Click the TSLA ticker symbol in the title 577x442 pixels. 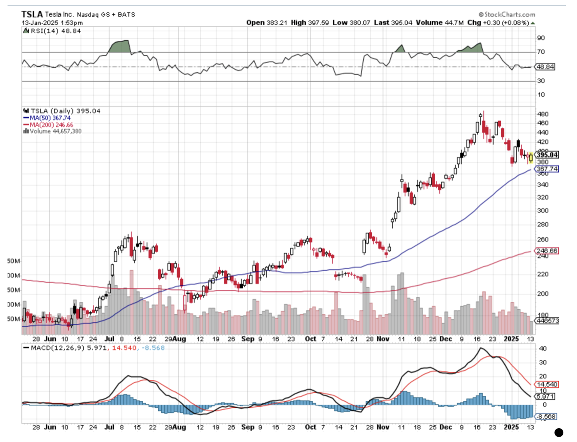pos(32,14)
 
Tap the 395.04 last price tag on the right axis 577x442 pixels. pos(547,155)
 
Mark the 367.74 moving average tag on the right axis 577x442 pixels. pos(547,169)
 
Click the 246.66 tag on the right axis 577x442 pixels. pos(547,251)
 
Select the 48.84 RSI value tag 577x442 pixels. pos(545,67)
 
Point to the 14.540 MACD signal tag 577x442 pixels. pos(546,384)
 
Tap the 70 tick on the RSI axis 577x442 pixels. pos(541,52)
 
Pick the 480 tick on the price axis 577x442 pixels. pos(542,114)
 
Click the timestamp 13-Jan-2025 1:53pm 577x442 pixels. pos(52,23)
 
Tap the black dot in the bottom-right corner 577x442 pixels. pos(559,432)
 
